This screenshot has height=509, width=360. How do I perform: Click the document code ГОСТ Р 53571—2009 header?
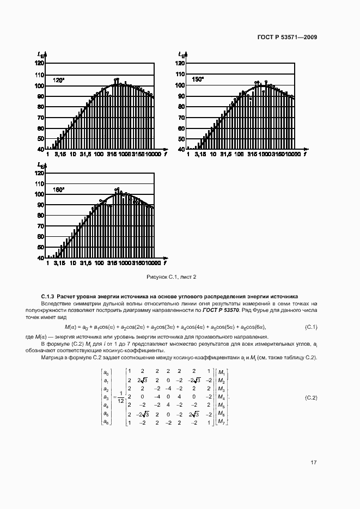coord(287,37)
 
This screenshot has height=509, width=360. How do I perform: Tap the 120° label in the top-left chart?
coord(58,80)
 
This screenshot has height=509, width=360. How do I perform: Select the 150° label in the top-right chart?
coord(197,79)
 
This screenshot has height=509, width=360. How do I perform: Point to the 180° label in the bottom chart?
coord(58,189)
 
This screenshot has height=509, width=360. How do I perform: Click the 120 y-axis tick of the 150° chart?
coord(178,63)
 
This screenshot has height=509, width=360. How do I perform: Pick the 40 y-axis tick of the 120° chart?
coord(39,149)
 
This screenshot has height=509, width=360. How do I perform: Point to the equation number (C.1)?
coord(311,327)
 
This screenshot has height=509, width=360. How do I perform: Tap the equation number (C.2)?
coord(311,398)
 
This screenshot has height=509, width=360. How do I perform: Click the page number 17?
coord(314,463)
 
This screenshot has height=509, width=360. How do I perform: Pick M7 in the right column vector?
coord(221,422)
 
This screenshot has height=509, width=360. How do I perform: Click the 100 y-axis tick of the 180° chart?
coord(39,194)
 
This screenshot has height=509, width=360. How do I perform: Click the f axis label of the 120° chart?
coord(164,155)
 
